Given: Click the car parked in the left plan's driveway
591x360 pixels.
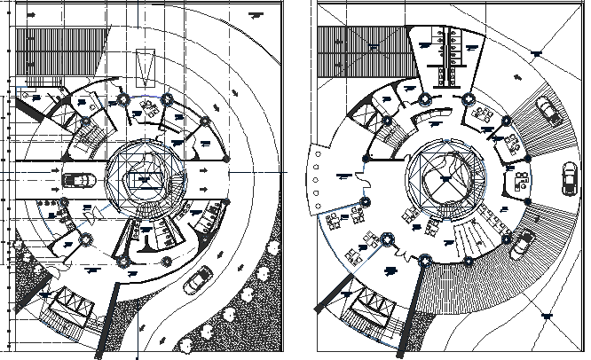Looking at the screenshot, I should [x=78, y=181].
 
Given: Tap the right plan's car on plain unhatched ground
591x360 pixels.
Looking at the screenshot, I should [x=568, y=177].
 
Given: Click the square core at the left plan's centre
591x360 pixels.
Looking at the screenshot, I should [x=143, y=181].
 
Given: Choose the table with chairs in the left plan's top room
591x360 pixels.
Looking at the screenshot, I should [x=146, y=109].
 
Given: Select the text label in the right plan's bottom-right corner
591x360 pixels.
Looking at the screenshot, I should [x=547, y=314].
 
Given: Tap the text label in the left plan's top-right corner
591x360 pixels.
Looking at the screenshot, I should [x=256, y=15].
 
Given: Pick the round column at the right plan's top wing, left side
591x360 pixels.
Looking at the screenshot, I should [x=425, y=98].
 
